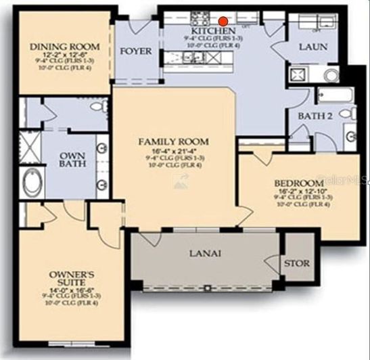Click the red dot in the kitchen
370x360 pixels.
tap(223, 21)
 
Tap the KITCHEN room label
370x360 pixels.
tap(213, 31)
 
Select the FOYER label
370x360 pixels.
tap(136, 51)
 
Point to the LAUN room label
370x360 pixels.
tap(313, 47)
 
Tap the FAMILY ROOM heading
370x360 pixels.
tap(173, 141)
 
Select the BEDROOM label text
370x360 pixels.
tap(298, 183)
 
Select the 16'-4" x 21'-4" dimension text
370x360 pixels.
tap(173, 151)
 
